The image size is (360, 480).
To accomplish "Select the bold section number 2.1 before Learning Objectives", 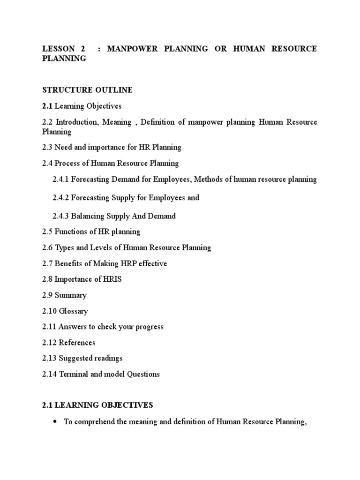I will coord(47,106).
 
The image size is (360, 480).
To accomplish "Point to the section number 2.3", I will coord(47,148).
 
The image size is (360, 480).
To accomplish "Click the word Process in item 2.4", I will coord(67,164).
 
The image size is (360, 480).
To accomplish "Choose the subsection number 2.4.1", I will coord(61,180).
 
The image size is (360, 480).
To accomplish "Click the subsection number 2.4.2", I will coord(61,198).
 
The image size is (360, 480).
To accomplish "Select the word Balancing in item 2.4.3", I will coord(88,217).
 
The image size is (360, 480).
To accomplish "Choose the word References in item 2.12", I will coord(77,343).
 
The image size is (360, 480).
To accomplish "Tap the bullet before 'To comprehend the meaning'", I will coord(54,422).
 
